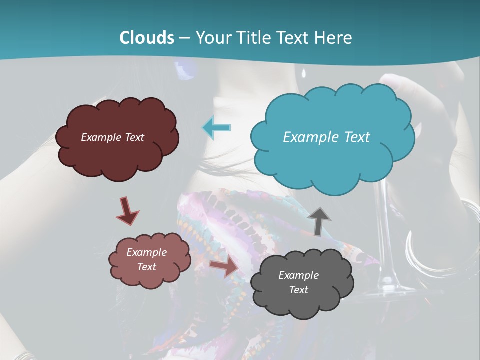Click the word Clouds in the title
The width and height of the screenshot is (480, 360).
pos(147,38)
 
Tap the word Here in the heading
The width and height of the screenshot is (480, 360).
pos(335,38)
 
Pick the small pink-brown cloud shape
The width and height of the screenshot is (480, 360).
pos(149,260)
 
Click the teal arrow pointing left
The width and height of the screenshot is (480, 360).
pos(217,127)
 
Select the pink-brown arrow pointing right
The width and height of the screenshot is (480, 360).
pos(224,267)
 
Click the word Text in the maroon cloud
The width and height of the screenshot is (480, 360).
pos(133,137)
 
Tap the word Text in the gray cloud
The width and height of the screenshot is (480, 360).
pos(298,290)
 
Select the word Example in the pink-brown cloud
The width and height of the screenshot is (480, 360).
pos(146,252)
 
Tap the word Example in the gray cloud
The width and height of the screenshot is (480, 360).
pos(298,275)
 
